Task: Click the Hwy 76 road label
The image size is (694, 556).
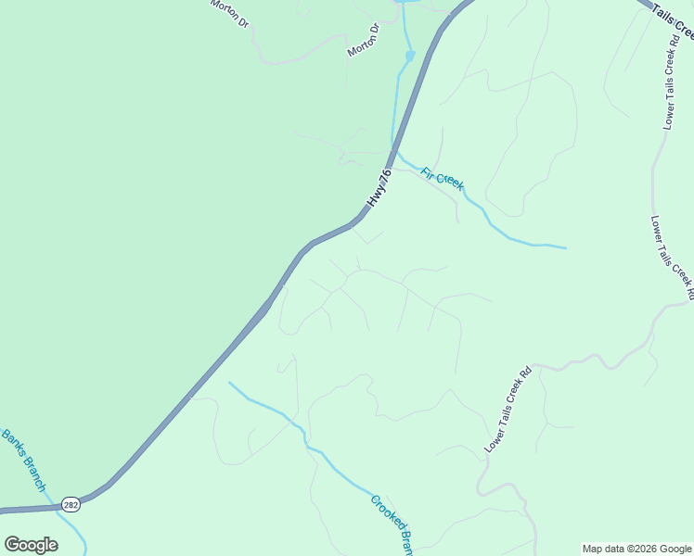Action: pos(379,188)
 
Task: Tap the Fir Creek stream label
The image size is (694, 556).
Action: pos(443,179)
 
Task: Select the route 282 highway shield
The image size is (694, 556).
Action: pos(71,505)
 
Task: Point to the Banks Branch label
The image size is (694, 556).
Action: pos(23,460)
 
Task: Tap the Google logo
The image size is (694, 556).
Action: pos(31,545)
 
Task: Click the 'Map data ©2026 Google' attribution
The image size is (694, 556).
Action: pos(636,549)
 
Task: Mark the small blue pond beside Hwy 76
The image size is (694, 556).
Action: pos(409,57)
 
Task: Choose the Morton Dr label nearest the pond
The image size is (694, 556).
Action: pos(364,41)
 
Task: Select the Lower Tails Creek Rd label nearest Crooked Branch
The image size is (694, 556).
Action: pos(508,411)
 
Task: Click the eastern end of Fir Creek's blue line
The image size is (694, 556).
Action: pos(564,247)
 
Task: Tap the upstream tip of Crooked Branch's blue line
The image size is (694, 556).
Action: pos(230,382)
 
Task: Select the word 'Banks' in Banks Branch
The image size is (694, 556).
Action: pos(14,445)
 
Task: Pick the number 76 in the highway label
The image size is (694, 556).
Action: pos(385,176)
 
